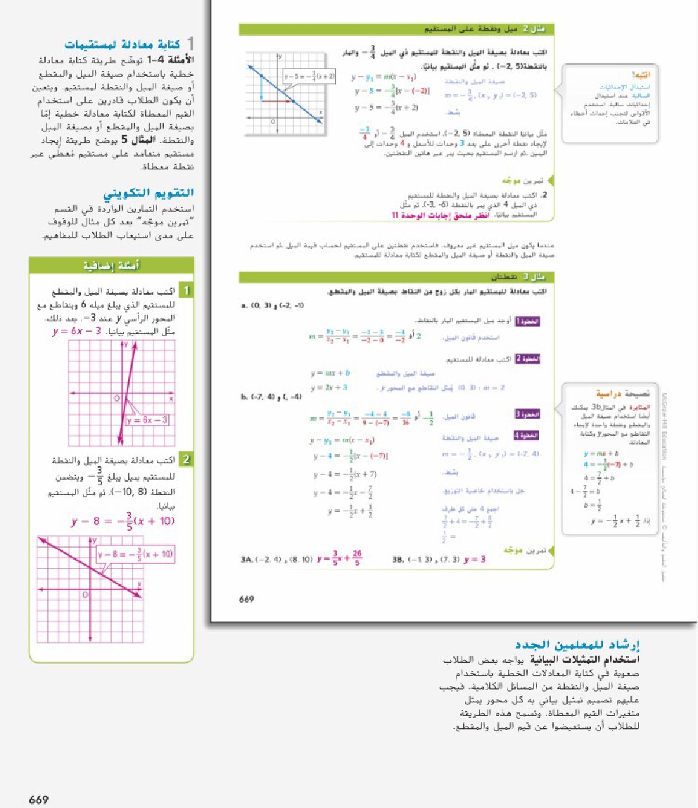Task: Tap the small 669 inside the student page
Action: (x=247, y=599)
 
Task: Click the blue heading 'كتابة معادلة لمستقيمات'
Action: (x=134, y=45)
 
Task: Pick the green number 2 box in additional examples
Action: (x=186, y=461)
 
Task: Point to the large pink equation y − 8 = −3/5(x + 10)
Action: (x=122, y=521)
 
